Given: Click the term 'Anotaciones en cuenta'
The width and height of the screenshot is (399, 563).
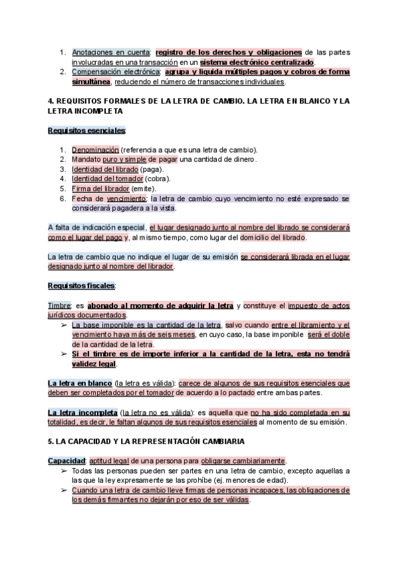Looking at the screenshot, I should tap(111, 52).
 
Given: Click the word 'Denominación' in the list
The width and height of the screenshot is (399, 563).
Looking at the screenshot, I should tap(96, 149).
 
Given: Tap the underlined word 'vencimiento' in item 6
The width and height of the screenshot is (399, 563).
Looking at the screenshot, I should tap(126, 199).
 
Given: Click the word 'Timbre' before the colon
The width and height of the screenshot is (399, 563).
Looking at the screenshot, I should tap(60, 305).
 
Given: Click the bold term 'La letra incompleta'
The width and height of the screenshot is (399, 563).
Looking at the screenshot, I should tap(82, 412).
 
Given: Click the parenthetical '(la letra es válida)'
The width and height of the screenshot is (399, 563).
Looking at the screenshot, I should tap(144, 383).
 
